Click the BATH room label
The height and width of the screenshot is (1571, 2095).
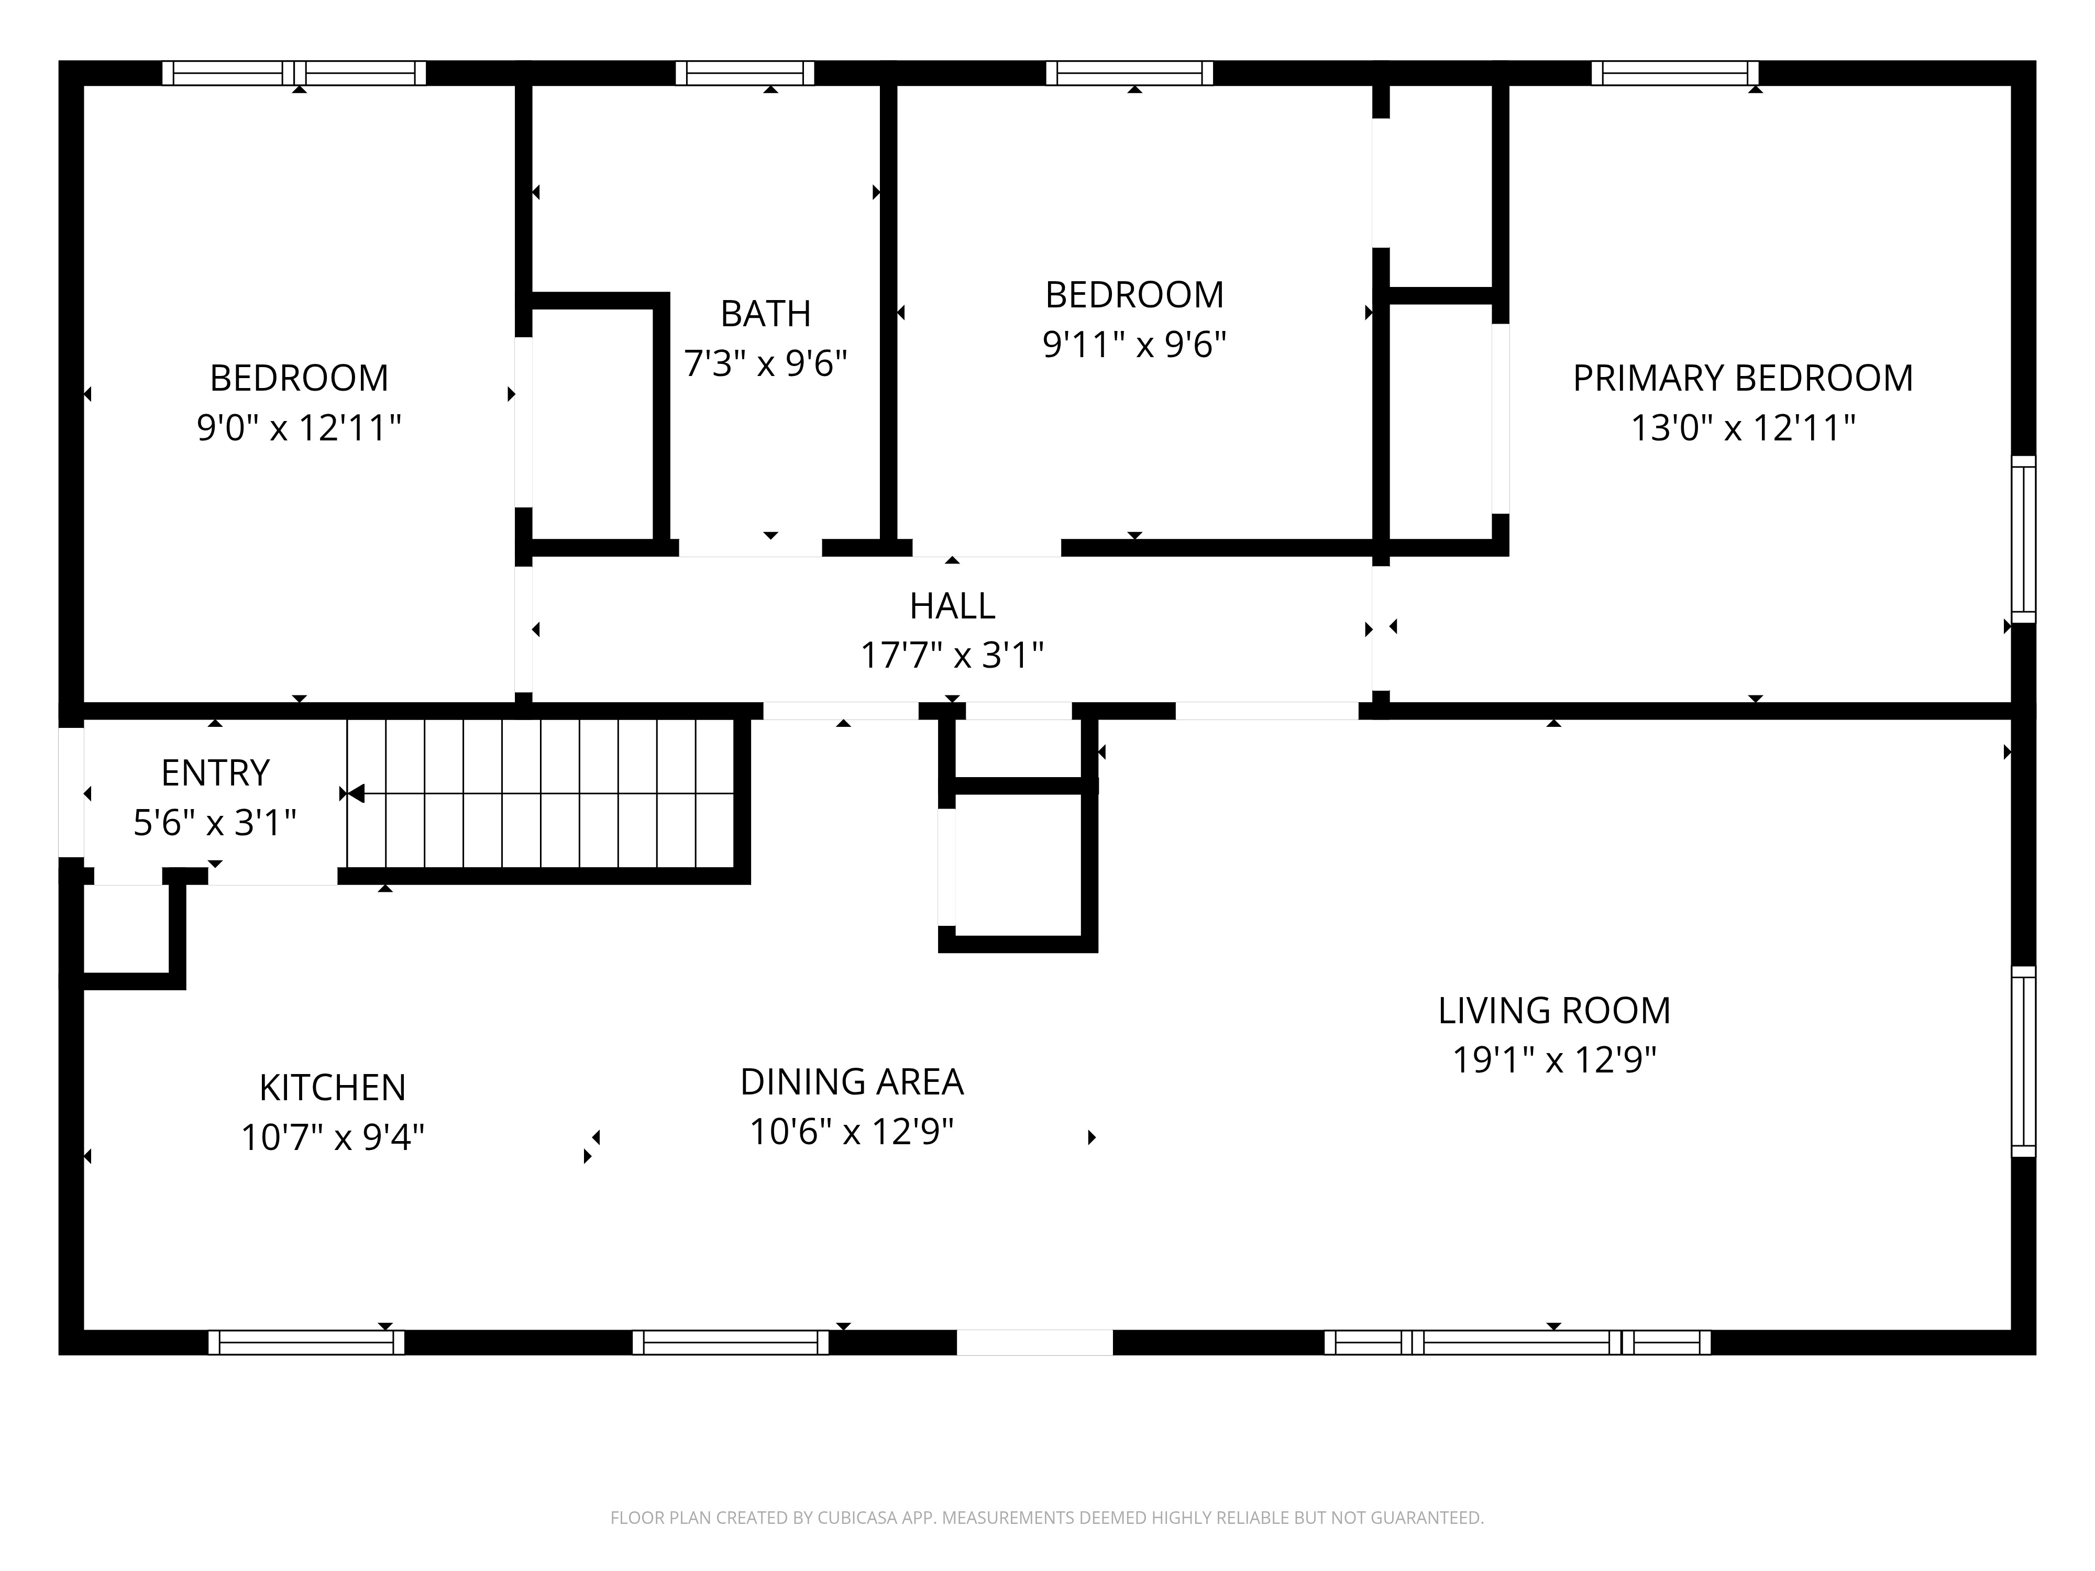tap(765, 314)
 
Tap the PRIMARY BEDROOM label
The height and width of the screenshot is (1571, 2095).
tap(1743, 378)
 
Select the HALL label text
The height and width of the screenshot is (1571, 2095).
tap(952, 606)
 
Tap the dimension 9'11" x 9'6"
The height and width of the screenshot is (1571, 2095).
tap(1134, 345)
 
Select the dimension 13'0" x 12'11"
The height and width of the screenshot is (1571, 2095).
tap(1743, 428)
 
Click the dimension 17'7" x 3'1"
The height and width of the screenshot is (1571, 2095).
tap(952, 655)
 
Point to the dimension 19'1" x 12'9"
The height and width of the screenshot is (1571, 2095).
tap(1554, 1060)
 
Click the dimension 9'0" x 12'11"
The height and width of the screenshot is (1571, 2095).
tap(299, 428)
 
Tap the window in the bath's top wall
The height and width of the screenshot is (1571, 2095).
tap(744, 73)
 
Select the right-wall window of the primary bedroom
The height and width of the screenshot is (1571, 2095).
tap(2023, 540)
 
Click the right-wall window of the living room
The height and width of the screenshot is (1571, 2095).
tap(2023, 1061)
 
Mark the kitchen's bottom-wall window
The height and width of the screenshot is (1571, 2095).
tap(306, 1342)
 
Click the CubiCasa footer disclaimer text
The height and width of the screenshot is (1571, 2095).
tap(1046, 1518)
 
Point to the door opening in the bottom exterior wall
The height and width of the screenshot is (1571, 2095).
tap(1034, 1342)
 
